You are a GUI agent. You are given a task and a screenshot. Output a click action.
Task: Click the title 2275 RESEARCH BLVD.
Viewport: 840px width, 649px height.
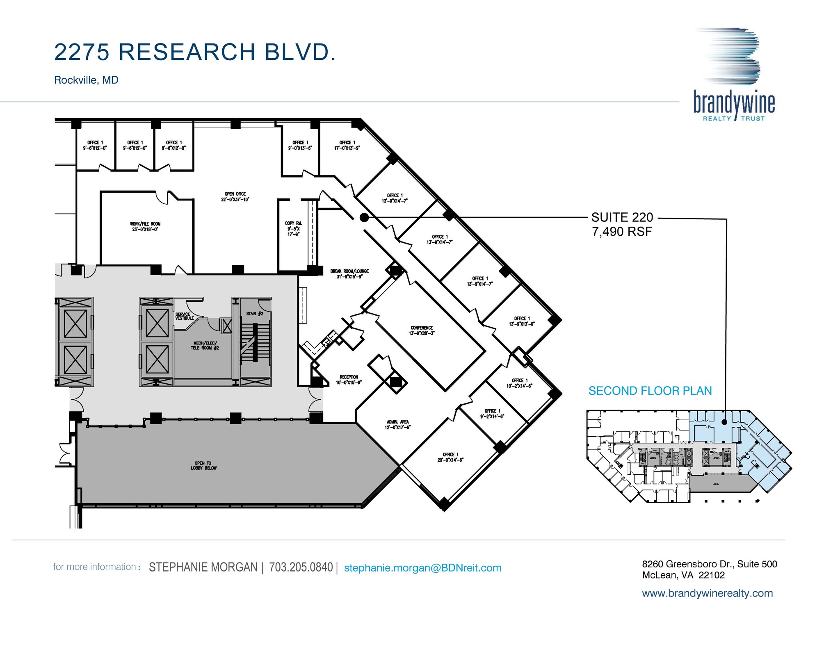pos(195,52)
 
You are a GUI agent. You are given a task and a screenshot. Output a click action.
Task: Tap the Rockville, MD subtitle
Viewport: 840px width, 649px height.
pos(86,80)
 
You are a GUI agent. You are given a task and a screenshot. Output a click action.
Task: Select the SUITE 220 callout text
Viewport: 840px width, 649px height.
pos(622,217)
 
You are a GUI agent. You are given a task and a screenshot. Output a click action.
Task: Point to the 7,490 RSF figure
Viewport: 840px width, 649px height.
pos(622,232)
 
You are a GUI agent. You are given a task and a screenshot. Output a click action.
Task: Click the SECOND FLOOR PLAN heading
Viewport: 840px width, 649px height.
pos(650,391)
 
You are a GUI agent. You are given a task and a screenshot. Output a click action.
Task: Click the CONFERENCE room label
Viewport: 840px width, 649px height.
pos(422,330)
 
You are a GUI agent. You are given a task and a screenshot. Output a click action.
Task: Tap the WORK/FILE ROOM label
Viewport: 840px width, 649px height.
pos(145,226)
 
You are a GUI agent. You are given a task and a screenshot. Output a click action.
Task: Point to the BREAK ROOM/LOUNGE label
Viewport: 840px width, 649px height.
pos(349,273)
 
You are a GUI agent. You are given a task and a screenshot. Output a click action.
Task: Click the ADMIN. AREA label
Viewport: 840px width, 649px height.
pos(397,424)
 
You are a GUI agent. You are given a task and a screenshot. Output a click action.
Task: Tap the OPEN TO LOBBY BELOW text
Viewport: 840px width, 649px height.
pos(203,465)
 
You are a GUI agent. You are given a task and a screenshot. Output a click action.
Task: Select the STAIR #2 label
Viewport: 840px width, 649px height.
pos(254,314)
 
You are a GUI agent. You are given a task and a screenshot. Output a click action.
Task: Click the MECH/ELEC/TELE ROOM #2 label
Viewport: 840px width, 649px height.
pos(205,345)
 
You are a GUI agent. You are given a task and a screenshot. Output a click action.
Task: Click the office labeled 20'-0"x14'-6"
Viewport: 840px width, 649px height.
pos(450,457)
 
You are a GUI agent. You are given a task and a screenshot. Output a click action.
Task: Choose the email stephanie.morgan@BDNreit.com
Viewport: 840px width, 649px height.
pos(422,568)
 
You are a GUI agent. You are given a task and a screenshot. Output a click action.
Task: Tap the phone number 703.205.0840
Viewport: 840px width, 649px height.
pos(301,567)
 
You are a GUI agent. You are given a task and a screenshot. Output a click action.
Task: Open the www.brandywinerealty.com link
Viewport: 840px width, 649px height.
pos(707,593)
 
